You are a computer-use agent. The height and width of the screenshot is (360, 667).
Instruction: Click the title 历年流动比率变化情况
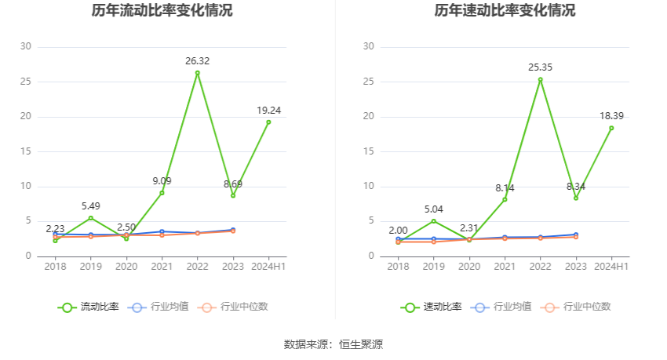162,11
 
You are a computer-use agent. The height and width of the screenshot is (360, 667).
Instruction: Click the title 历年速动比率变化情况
505,11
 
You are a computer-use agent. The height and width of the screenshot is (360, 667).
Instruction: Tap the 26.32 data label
197,61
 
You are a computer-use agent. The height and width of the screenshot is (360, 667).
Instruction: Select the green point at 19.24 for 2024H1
268,122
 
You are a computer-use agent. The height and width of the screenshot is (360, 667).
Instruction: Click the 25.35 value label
540,67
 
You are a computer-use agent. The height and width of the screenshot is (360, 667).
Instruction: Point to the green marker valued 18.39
611,128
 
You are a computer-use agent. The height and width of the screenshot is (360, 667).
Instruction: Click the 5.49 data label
91,206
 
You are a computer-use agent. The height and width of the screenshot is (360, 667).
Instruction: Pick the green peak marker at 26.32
197,73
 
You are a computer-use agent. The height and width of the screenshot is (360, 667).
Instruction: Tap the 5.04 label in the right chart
434,209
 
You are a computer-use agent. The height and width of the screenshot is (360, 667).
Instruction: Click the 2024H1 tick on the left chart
268,267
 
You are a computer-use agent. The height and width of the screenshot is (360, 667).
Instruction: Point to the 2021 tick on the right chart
505,267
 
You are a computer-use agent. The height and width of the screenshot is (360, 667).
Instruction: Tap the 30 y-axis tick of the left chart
26,47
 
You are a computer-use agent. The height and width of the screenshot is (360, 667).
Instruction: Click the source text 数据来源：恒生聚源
333,344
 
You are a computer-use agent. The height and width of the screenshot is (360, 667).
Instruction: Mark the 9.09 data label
162,181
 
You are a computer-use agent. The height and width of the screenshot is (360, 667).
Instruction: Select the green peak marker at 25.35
540,79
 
